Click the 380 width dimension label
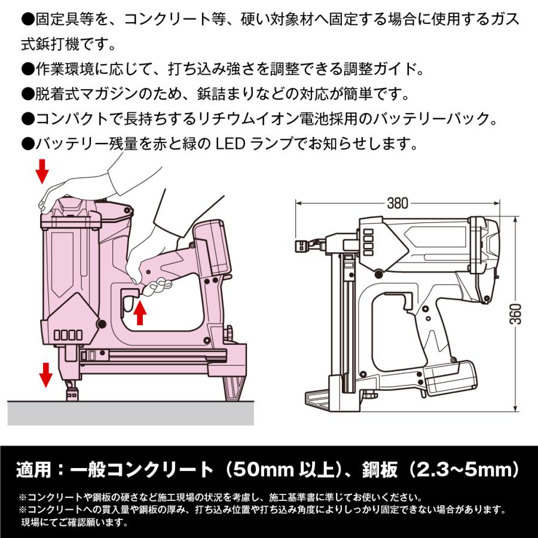coord(397,203)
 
